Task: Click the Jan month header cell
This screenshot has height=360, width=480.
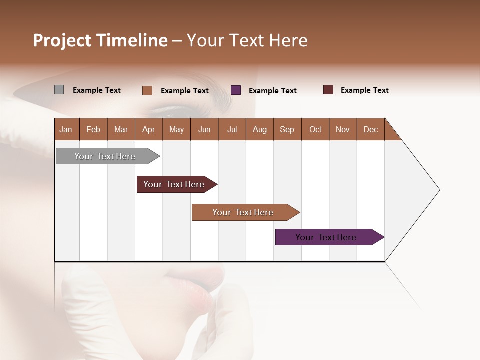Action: coord(66,129)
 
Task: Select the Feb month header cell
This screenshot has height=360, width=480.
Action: coord(93,129)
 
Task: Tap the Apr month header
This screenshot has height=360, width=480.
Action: coord(148,129)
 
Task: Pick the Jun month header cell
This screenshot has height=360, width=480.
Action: coord(204,129)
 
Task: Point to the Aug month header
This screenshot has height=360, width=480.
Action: coord(259,129)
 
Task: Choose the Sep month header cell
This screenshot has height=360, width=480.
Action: coord(287,129)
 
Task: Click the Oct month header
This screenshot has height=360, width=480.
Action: coord(315,129)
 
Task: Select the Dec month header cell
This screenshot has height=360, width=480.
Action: coord(370,129)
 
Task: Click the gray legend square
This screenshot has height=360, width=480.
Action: coord(59,90)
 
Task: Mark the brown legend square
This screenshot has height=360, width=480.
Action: coord(147,90)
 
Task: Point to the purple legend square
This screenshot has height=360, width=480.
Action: coord(236,90)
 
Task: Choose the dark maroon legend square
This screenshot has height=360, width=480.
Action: coord(328,90)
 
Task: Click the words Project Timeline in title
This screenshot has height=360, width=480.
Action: coord(100,40)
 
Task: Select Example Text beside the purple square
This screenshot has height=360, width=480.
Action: coord(272,91)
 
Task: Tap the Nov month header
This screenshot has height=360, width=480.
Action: coord(343,129)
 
